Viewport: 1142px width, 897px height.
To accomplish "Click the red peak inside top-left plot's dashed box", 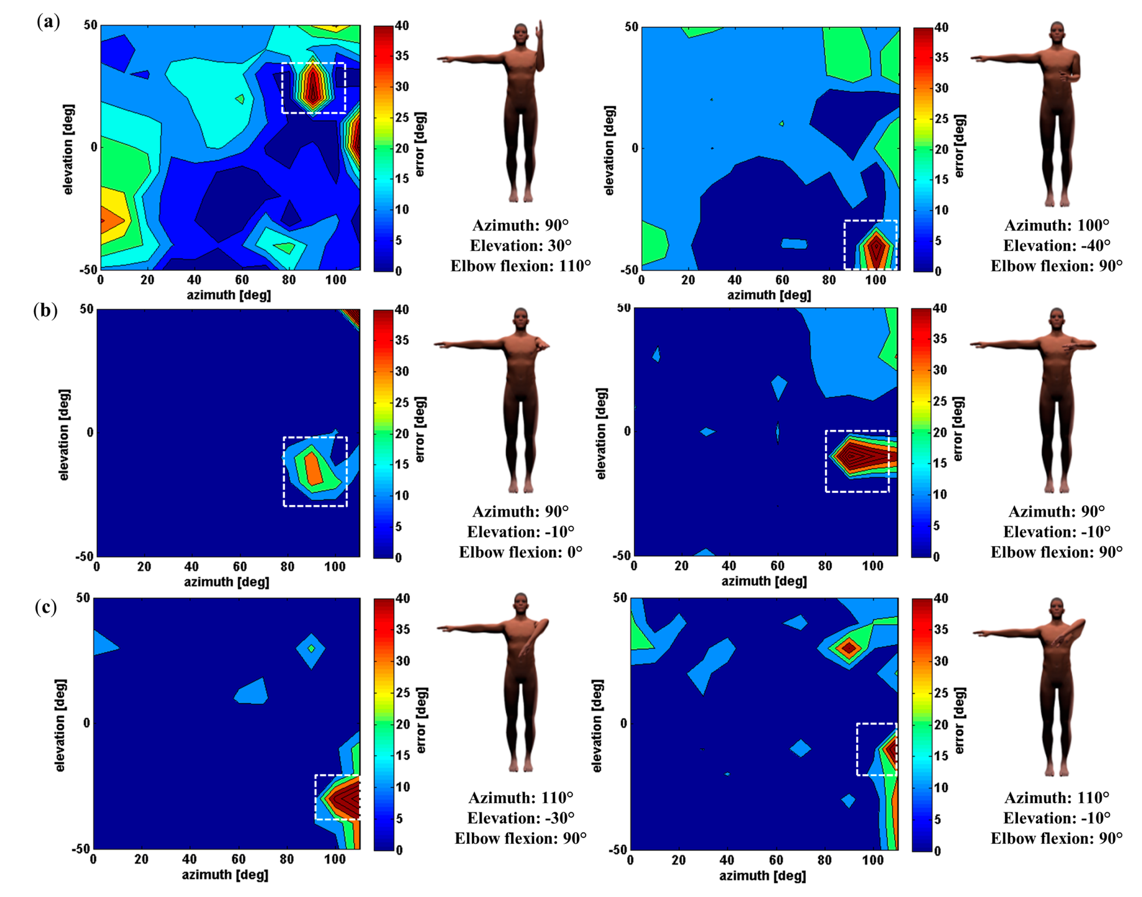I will [313, 86].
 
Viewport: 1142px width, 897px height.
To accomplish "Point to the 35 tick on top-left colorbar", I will [403, 56].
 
